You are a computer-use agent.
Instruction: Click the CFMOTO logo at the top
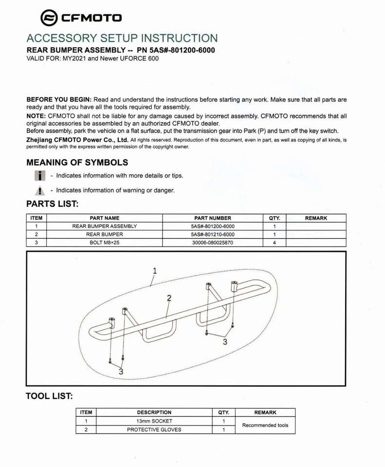[81, 18]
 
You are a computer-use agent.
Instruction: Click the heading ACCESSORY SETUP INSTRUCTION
[122, 38]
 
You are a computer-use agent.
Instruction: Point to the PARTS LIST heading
[52, 204]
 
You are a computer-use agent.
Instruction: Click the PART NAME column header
[104, 218]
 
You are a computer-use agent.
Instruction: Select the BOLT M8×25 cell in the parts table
[104, 242]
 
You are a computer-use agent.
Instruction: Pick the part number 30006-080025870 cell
[212, 242]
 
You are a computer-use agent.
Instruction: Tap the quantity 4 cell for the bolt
[275, 242]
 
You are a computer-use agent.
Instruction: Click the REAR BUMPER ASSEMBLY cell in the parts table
[104, 226]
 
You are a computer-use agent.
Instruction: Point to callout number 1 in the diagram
[155, 270]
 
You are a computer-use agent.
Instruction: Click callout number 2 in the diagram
[169, 298]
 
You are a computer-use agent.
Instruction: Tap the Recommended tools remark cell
[265, 425]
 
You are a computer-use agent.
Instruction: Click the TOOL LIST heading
[49, 396]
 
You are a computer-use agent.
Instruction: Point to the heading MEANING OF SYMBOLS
[77, 162]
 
